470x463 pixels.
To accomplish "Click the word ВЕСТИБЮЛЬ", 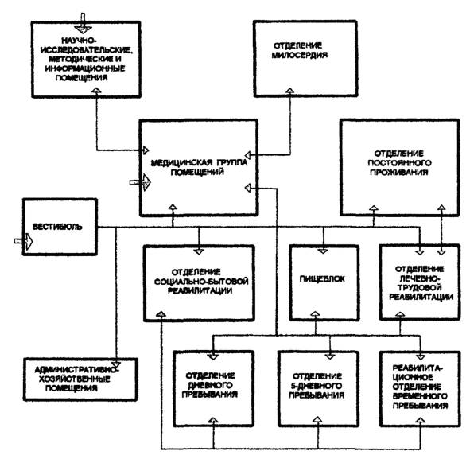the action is click(x=57, y=227).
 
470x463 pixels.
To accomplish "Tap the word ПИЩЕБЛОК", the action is click(x=322, y=279).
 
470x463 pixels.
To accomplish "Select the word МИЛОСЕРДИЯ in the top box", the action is click(x=300, y=55).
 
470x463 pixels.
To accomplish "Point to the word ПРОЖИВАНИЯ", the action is click(x=399, y=173).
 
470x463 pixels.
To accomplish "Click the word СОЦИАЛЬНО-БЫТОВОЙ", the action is click(x=201, y=282).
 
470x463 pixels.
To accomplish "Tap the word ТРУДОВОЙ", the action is click(x=420, y=287).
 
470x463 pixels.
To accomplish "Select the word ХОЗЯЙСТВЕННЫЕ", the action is click(x=75, y=379).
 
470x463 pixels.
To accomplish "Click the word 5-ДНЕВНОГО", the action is click(x=317, y=386).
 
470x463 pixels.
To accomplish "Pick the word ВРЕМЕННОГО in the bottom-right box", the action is click(x=420, y=396).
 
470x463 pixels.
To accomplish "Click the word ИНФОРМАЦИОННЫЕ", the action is click(x=85, y=68).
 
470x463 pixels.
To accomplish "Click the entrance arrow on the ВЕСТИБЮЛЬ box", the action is click(x=23, y=241).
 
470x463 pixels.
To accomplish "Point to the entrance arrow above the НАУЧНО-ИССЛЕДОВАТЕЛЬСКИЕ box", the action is click(x=83, y=23).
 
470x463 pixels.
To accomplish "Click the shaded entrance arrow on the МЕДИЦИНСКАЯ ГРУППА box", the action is click(x=140, y=182).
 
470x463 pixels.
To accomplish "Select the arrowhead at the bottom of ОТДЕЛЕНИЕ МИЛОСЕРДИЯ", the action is click(x=289, y=91).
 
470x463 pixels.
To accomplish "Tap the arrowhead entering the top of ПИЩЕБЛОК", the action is click(x=323, y=251).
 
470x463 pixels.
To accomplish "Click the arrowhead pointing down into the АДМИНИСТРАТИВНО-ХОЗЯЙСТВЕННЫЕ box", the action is click(x=115, y=365).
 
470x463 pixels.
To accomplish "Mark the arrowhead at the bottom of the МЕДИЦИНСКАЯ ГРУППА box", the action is click(x=173, y=207).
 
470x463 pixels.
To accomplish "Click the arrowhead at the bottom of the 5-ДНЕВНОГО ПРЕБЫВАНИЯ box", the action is click(x=317, y=419).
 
